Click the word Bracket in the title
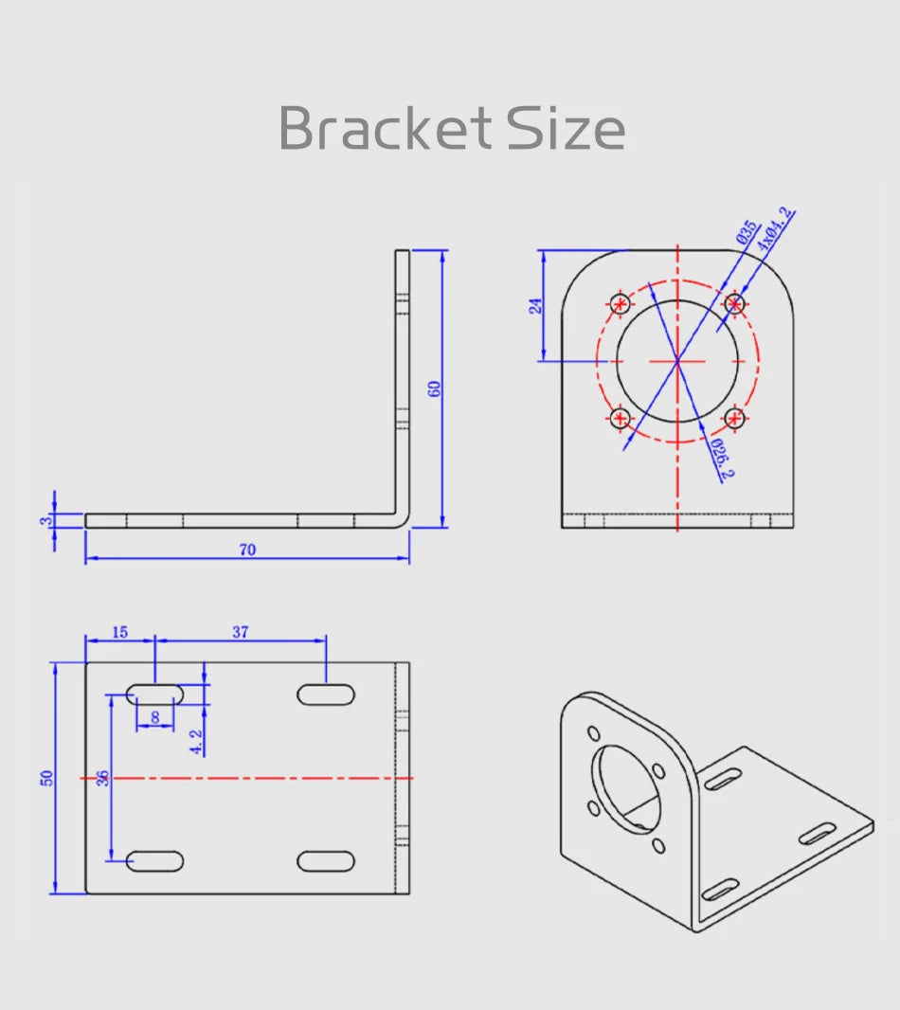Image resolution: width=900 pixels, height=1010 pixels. coord(386,128)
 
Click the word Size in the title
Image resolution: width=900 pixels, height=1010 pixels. coord(566,128)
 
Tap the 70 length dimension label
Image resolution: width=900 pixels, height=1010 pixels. coord(247,550)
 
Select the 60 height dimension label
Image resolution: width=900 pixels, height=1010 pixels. coord(434,388)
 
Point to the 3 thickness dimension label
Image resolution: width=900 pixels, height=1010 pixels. coord(45,520)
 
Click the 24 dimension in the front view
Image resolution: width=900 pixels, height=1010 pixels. coord(535,305)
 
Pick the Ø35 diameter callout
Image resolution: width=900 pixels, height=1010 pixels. coord(747,231)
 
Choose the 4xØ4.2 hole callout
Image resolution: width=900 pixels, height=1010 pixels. coord(774,228)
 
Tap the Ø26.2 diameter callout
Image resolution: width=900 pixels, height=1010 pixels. coord(722,458)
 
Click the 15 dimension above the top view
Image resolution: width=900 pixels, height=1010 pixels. coord(119,632)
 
